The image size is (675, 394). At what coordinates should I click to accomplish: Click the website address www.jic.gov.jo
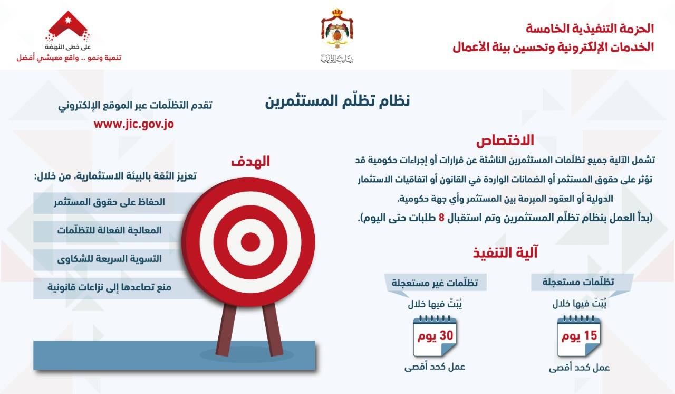(134, 124)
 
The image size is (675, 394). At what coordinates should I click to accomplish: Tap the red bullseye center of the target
(250, 242)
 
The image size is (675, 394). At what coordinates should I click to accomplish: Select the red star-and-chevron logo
(68, 26)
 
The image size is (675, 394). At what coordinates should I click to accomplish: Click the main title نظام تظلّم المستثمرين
(337, 100)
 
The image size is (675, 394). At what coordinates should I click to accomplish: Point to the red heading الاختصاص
(505, 140)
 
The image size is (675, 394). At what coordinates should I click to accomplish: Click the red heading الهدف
(250, 162)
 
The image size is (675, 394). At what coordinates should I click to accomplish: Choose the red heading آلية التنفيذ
(505, 252)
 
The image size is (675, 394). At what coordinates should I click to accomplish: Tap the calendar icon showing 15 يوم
(579, 336)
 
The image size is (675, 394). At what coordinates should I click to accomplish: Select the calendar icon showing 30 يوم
(435, 336)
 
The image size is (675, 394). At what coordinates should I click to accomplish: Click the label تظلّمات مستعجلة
(578, 282)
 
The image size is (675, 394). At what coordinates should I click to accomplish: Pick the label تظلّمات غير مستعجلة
(435, 283)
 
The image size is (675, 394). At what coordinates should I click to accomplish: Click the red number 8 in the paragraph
(441, 218)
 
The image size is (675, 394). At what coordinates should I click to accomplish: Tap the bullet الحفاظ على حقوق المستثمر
(109, 202)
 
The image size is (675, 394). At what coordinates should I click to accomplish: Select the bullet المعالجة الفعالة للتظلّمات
(109, 230)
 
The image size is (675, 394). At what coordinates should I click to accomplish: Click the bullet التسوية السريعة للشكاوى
(109, 259)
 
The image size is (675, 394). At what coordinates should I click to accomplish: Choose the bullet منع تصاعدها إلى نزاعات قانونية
(109, 287)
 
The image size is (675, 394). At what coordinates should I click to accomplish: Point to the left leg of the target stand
(226, 330)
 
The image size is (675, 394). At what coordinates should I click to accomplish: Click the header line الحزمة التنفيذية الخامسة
(590, 29)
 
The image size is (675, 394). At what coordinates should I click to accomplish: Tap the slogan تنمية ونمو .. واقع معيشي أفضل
(69, 58)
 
